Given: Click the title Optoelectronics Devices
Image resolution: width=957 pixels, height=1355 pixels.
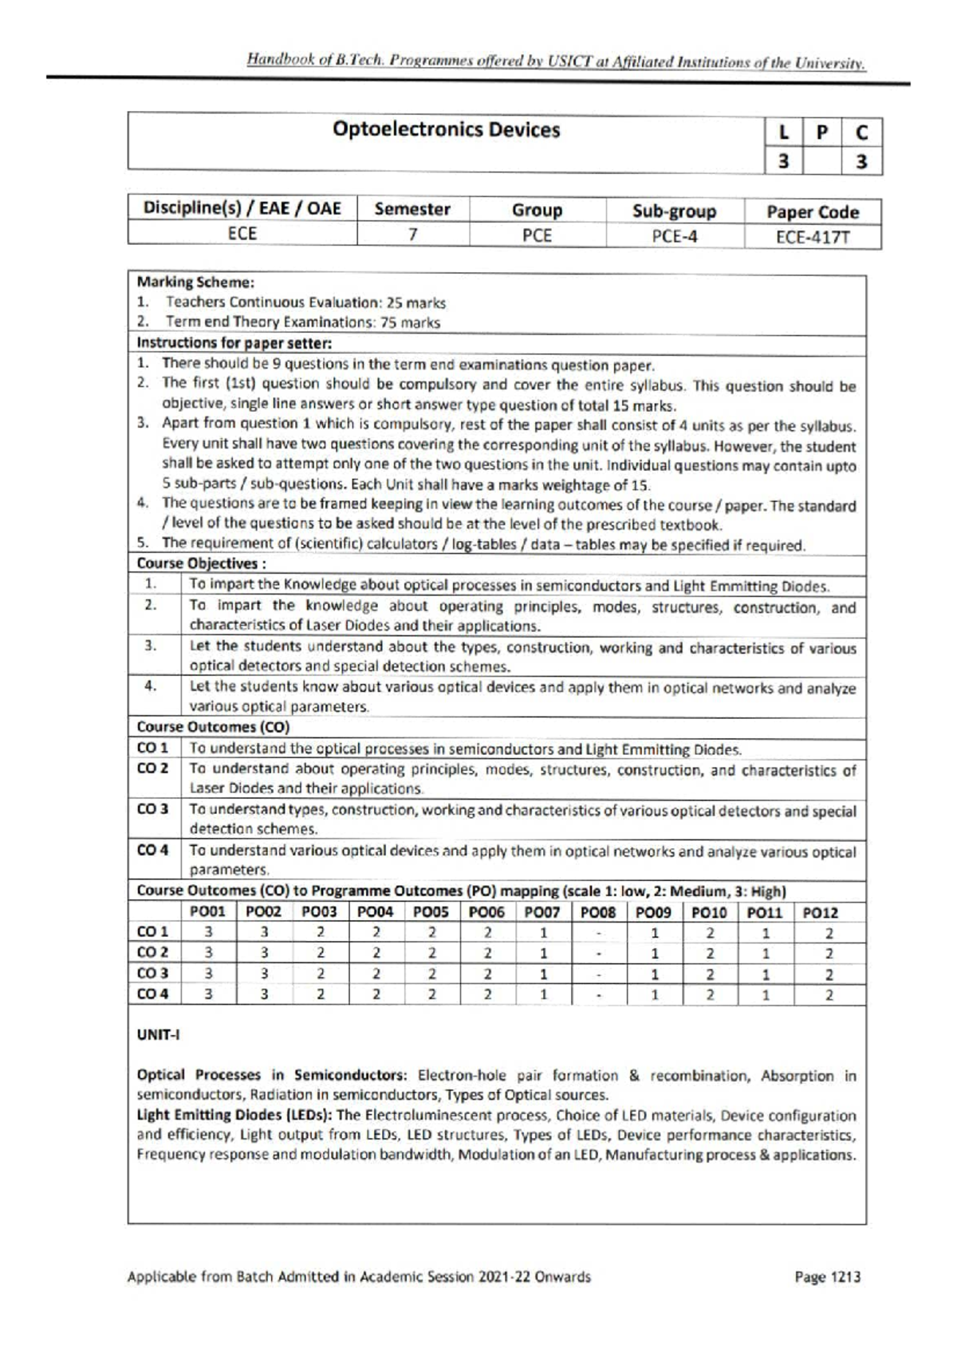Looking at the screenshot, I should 446,129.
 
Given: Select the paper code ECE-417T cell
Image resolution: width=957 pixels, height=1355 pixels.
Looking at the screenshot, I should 813,237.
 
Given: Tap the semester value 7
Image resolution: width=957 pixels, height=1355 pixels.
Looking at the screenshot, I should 412,235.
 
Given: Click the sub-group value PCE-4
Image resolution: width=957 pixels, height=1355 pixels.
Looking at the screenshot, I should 674,236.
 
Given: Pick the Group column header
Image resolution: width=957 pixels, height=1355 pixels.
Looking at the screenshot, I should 537,211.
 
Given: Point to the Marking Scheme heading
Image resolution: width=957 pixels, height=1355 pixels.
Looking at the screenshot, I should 195,282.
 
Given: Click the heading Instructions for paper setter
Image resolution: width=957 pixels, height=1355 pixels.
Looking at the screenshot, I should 234,343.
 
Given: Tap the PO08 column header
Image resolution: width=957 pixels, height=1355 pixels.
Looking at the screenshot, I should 598,912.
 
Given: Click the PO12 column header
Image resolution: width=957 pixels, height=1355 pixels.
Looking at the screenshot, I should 821,912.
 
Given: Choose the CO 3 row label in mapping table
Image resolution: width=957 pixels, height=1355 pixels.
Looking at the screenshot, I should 153,973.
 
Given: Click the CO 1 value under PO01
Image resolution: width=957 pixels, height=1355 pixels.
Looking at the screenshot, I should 208,932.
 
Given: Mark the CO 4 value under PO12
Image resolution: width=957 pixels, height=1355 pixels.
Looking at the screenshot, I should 829,994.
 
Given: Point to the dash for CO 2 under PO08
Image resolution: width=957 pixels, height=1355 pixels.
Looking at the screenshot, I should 598,953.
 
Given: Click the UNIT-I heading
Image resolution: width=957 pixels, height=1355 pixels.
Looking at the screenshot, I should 159,1035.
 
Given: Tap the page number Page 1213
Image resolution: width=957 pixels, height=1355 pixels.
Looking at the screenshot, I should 827,1277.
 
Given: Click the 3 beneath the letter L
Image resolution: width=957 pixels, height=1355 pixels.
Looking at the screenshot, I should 783,161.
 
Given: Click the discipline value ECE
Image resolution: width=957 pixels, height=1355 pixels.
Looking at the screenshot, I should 242,234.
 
